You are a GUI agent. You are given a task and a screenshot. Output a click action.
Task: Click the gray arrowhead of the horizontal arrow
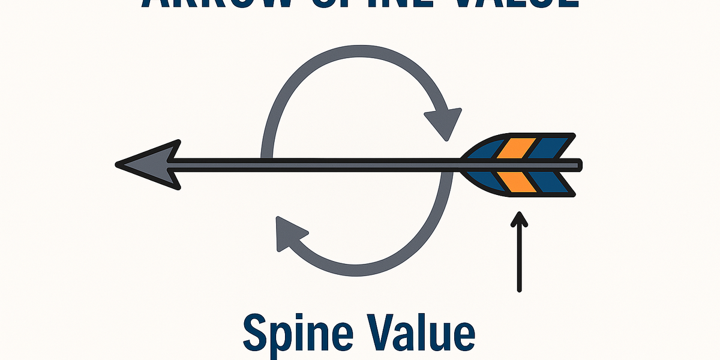(147, 164)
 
